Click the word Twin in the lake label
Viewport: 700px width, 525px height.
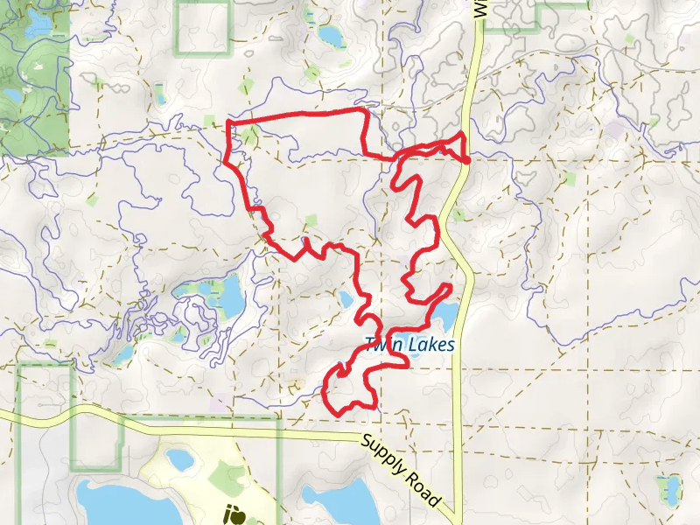(381, 345)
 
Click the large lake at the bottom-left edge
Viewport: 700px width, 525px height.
(114, 503)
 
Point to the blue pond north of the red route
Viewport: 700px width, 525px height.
(330, 36)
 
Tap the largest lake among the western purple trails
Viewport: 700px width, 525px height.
(231, 297)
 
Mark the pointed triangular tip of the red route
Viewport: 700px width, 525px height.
(462, 134)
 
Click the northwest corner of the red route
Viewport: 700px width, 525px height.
(228, 122)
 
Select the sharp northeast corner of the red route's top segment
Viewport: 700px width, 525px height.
(365, 111)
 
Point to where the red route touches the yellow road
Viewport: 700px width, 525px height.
(466, 160)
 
